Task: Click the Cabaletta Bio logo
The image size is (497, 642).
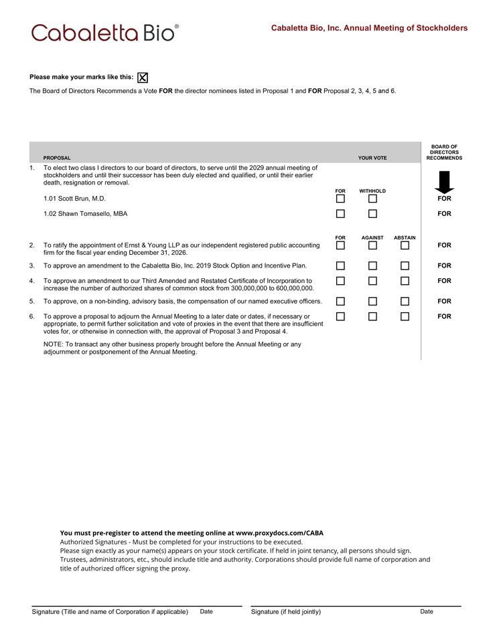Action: point(105,32)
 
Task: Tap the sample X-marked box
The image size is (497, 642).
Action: point(143,77)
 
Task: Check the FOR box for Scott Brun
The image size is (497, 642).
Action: point(340,199)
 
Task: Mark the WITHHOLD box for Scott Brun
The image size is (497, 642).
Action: point(372,199)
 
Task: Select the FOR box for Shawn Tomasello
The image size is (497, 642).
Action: point(340,214)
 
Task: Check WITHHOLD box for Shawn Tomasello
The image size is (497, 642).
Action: point(372,214)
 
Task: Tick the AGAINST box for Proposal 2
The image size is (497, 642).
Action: point(372,245)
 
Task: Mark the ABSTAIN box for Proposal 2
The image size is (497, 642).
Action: point(405,245)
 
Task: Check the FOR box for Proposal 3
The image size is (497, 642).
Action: point(340,265)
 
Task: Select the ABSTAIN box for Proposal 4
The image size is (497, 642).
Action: point(405,281)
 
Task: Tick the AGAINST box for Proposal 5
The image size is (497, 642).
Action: point(372,302)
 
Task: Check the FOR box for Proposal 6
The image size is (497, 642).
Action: point(340,316)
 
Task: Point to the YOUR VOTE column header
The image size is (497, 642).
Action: point(372,158)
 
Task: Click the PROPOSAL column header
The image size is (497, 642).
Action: point(57,158)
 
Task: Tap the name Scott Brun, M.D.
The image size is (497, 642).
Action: point(74,199)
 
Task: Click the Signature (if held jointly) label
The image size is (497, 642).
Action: point(286,612)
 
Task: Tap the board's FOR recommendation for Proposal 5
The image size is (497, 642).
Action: point(444,302)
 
